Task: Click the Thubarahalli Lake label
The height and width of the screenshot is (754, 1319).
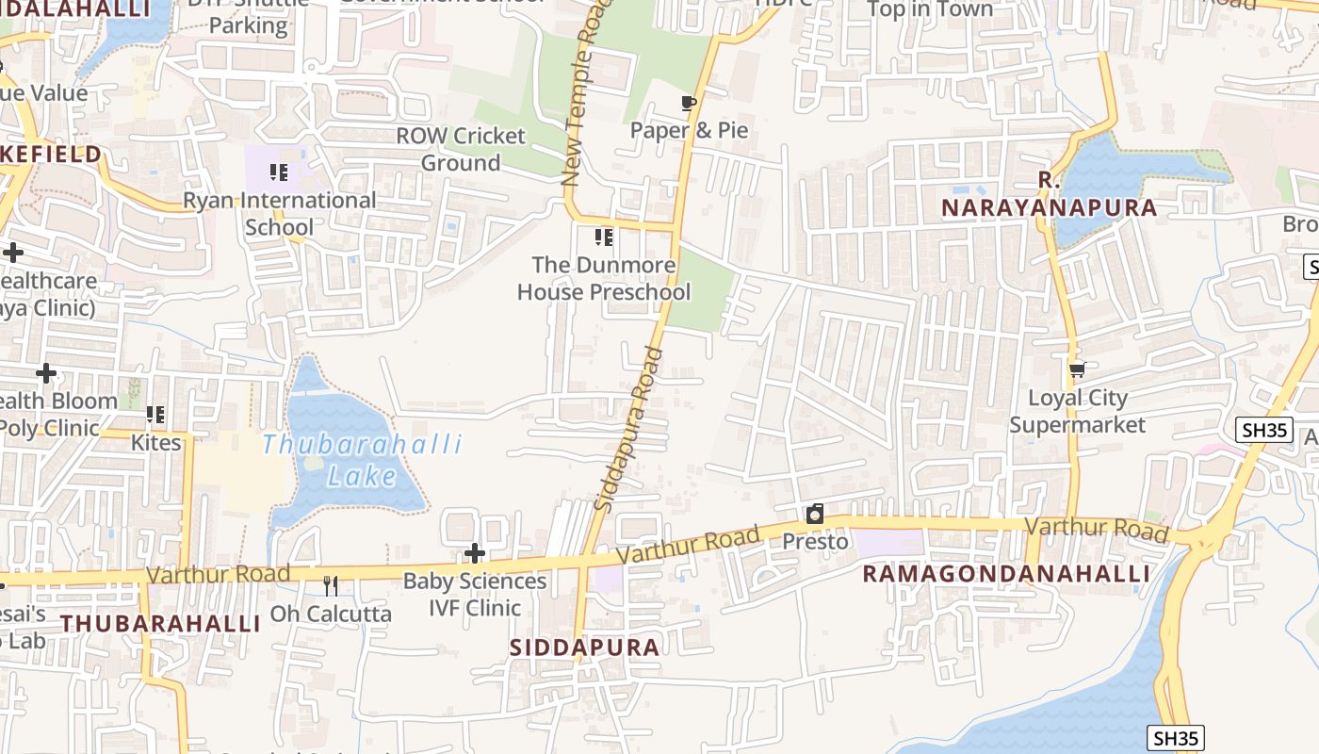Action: [x=362, y=459]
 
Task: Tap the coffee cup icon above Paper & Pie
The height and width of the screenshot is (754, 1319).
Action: [x=689, y=103]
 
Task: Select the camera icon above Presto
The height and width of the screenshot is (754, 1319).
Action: [x=815, y=514]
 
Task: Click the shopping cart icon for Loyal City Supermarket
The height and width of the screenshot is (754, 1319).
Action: [x=1077, y=370]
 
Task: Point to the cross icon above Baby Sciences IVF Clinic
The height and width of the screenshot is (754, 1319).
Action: [x=475, y=552]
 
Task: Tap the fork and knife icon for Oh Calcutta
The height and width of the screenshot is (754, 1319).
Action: [x=330, y=586]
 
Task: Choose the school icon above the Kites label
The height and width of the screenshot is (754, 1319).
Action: [x=155, y=415]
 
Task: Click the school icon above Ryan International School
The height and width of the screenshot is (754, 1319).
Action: [x=278, y=172]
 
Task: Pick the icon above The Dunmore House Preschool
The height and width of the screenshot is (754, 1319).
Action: [x=604, y=238]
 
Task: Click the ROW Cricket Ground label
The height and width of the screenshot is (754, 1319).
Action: [x=461, y=149]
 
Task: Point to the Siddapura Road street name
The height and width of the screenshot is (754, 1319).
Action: [x=630, y=430]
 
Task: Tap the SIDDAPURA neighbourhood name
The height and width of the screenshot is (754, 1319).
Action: [x=584, y=647]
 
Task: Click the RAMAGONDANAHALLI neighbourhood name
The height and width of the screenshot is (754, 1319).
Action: [x=1006, y=574]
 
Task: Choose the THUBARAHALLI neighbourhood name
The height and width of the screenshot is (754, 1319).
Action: [x=160, y=624]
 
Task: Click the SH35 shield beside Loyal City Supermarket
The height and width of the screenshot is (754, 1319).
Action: [x=1262, y=430]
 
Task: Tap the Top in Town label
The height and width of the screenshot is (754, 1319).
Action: [x=929, y=9]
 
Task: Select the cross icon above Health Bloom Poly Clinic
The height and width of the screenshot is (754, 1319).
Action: [x=46, y=374]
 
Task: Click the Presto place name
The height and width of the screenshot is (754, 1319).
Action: [x=815, y=542]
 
